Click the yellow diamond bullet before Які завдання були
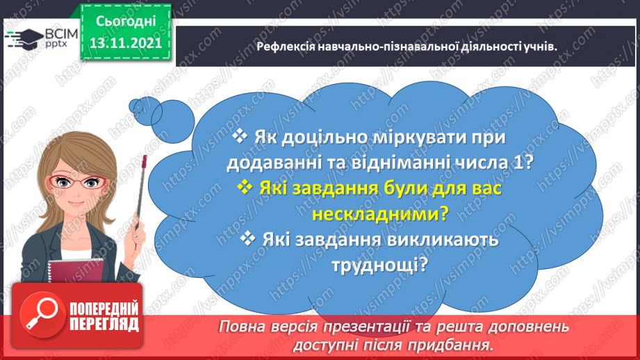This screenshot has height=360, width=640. point(244,187)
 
